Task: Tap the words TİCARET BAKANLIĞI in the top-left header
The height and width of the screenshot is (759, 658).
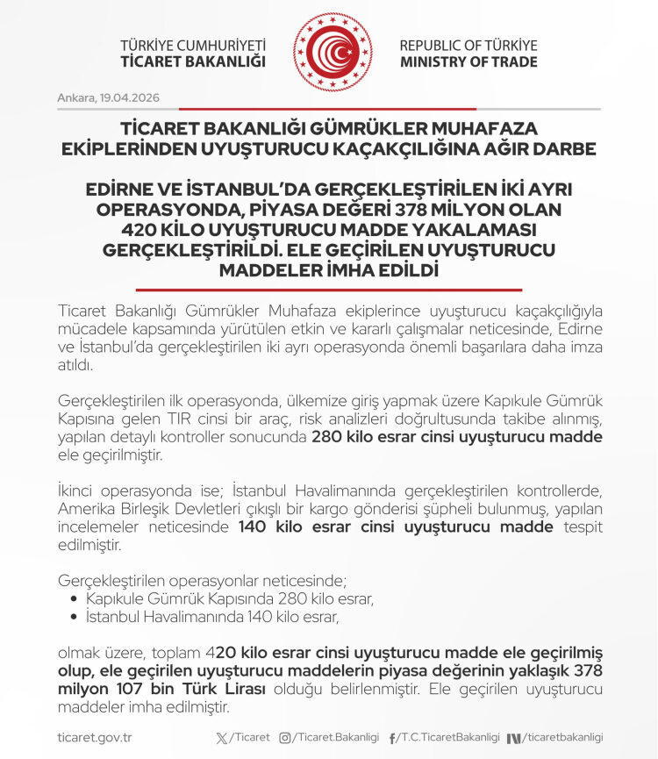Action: click(192, 62)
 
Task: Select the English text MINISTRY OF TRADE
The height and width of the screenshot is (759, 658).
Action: click(468, 62)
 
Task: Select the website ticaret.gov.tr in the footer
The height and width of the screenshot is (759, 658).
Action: click(94, 738)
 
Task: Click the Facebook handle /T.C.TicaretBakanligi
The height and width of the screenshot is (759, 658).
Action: click(450, 738)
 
